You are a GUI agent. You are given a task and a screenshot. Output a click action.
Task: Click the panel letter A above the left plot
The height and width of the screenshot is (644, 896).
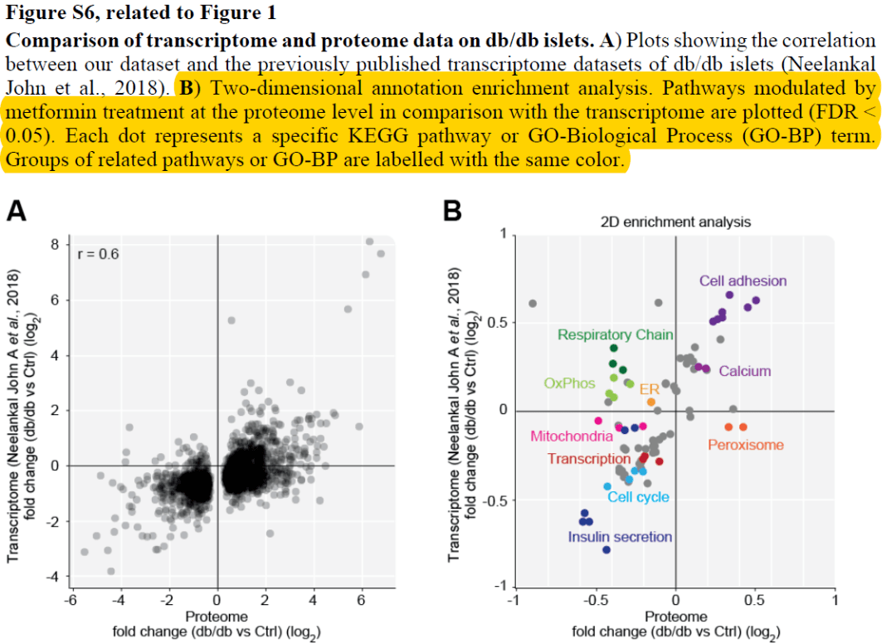[x=17, y=212]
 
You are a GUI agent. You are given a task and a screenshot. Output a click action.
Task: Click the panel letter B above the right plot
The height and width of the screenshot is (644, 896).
[x=452, y=212]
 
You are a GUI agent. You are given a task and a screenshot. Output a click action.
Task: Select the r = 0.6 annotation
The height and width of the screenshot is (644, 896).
[x=98, y=254]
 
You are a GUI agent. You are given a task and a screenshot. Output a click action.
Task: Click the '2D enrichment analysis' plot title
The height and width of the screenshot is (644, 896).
[x=675, y=222]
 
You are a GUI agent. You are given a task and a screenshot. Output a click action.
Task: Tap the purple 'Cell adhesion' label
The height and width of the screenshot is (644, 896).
[x=743, y=281]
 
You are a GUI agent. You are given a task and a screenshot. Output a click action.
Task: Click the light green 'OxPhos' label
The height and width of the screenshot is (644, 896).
[x=571, y=383]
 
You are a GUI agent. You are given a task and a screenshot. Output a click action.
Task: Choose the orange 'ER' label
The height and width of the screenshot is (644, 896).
[x=649, y=389]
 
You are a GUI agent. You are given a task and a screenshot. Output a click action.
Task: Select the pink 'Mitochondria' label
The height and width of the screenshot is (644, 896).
[x=572, y=436]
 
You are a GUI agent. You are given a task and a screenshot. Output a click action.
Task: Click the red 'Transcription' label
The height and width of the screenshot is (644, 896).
[x=589, y=459]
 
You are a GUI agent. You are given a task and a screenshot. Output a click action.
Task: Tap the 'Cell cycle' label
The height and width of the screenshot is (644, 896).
[x=638, y=496]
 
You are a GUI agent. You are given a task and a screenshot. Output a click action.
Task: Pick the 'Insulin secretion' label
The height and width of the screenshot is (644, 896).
[x=619, y=536]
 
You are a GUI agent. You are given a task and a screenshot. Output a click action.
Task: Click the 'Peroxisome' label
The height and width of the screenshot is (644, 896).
[x=745, y=445]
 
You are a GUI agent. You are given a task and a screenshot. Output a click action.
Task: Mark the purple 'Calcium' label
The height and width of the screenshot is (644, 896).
[x=744, y=371]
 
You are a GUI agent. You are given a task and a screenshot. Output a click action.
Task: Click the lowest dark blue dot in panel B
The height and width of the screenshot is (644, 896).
[x=606, y=549]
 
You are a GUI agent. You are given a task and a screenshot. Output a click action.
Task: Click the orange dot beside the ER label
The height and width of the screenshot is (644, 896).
[x=651, y=402]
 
